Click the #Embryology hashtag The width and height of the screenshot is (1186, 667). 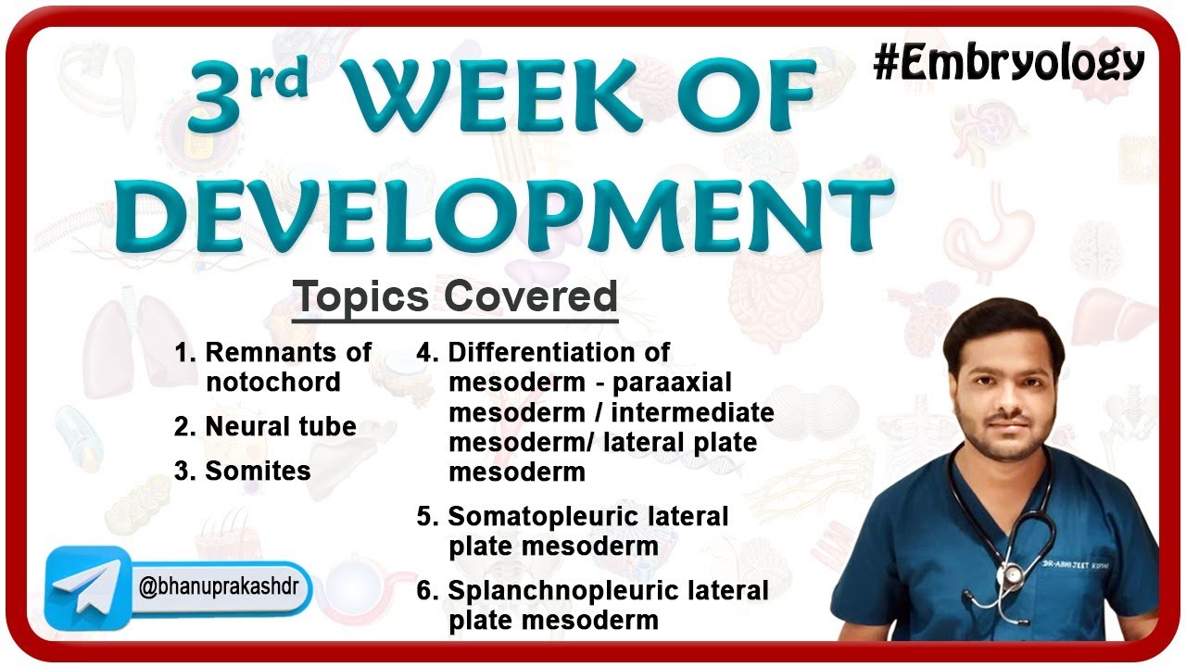click(1009, 63)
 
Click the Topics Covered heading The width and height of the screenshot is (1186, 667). click(455, 297)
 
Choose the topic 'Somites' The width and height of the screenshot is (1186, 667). click(243, 471)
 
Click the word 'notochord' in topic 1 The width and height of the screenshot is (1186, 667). click(273, 382)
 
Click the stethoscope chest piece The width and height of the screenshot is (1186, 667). click(1013, 575)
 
